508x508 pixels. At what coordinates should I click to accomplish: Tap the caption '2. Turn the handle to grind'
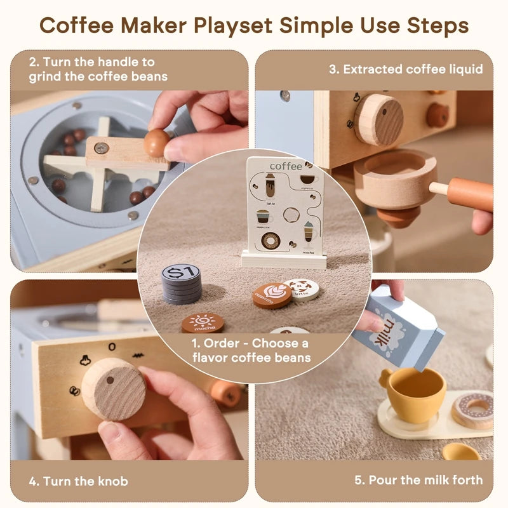point(98,69)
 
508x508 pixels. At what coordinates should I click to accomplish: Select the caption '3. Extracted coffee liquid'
point(406,69)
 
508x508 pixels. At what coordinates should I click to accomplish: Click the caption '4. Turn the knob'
point(78,481)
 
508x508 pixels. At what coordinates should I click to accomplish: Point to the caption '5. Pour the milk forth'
point(419,480)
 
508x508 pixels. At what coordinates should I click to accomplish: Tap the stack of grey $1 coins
point(181,283)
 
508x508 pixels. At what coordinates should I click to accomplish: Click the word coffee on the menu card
point(286,166)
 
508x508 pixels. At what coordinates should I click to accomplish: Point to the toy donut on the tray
point(473,408)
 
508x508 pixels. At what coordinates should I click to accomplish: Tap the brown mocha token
point(203,323)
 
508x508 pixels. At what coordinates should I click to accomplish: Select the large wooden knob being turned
point(113,388)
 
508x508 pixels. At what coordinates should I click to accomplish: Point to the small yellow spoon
point(460,452)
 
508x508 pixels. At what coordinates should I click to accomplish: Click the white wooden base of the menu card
point(283,259)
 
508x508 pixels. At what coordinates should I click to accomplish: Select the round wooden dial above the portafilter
point(378,119)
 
